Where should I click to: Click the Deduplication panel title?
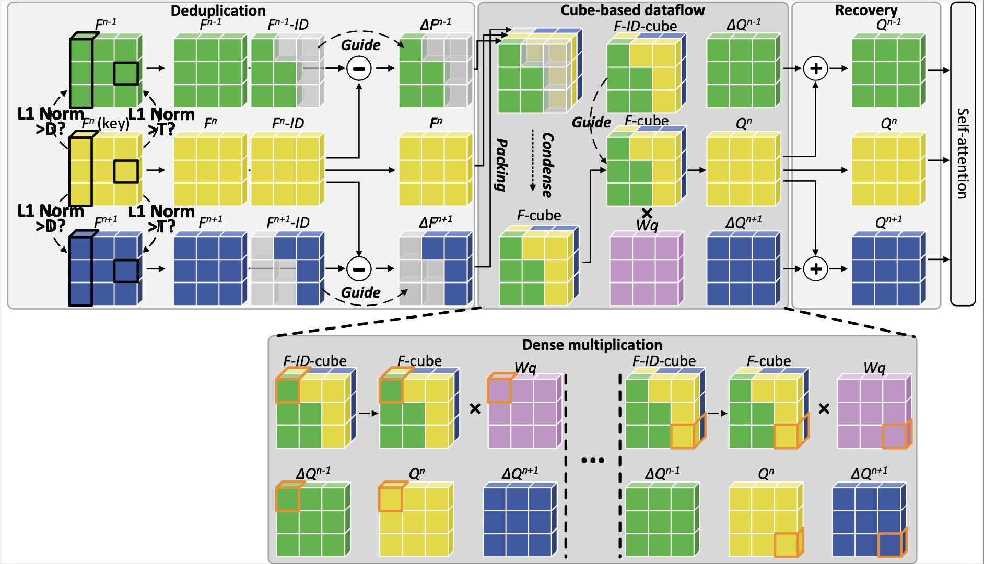218,10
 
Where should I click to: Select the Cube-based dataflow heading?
632,10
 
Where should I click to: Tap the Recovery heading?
866,10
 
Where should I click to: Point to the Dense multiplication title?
592,345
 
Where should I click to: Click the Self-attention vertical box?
963,154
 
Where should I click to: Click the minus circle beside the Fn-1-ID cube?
359,68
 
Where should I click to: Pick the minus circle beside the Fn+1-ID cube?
359,269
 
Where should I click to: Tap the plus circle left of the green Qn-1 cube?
815,68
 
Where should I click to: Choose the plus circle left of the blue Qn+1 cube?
815,269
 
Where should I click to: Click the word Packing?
501,164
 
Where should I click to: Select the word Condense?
547,164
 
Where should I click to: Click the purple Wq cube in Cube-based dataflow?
647,268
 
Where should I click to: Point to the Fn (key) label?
106,123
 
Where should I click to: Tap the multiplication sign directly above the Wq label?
647,213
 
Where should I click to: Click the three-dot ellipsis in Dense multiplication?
592,460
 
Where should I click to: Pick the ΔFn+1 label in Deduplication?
436,222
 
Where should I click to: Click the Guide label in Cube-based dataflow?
591,122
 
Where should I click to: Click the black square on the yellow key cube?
126,171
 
